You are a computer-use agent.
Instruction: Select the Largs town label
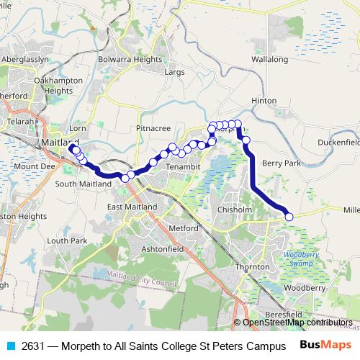[175, 72]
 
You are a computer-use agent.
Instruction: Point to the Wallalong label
[270, 59]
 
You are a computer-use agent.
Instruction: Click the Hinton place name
[264, 100]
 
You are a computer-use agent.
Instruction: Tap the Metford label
[183, 228]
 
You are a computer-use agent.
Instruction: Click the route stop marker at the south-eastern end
[289, 217]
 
